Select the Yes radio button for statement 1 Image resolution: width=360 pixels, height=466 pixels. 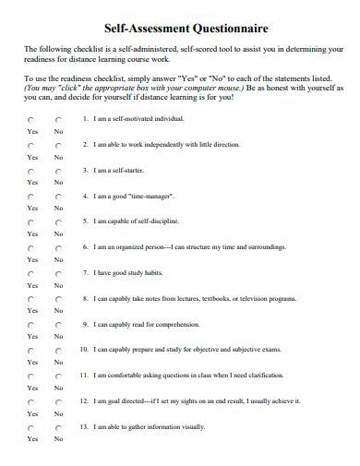[x=31, y=120]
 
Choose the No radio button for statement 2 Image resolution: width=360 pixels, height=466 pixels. [x=57, y=146]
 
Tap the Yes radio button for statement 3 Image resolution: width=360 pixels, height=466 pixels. [x=31, y=172]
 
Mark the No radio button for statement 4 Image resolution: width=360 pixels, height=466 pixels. [x=57, y=197]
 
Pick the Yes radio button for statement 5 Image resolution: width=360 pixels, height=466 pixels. [x=31, y=223]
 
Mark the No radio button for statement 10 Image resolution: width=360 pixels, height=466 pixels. [x=57, y=352]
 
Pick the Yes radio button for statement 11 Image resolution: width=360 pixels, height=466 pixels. [x=31, y=377]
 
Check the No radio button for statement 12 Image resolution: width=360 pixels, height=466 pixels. [x=57, y=403]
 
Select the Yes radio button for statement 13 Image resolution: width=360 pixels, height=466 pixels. [x=31, y=428]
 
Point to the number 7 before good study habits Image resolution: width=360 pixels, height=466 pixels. [x=84, y=273]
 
